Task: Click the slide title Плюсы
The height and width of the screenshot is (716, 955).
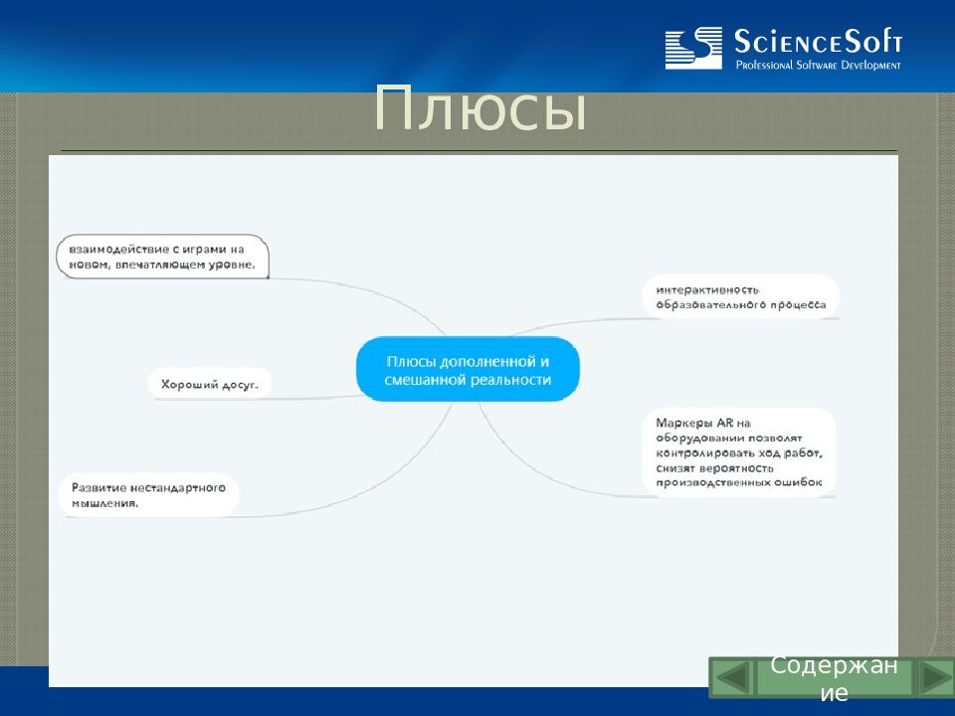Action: click(479, 109)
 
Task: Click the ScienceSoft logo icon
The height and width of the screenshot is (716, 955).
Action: click(693, 48)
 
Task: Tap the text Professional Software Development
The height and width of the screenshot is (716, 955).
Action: click(818, 65)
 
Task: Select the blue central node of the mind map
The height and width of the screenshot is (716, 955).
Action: click(468, 370)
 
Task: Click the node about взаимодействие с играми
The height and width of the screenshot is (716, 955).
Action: click(162, 257)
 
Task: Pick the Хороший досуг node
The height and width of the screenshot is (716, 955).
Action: click(210, 384)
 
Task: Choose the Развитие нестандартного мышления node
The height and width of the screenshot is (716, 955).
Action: click(148, 495)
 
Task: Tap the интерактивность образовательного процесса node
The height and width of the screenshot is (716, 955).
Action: click(740, 297)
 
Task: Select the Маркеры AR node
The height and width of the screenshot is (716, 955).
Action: click(739, 452)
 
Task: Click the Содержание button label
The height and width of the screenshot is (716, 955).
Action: click(834, 678)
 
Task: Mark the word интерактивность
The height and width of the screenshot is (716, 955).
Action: click(707, 289)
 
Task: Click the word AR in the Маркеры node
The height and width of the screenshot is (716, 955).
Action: click(725, 423)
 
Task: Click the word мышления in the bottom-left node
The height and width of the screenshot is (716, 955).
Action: click(105, 503)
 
